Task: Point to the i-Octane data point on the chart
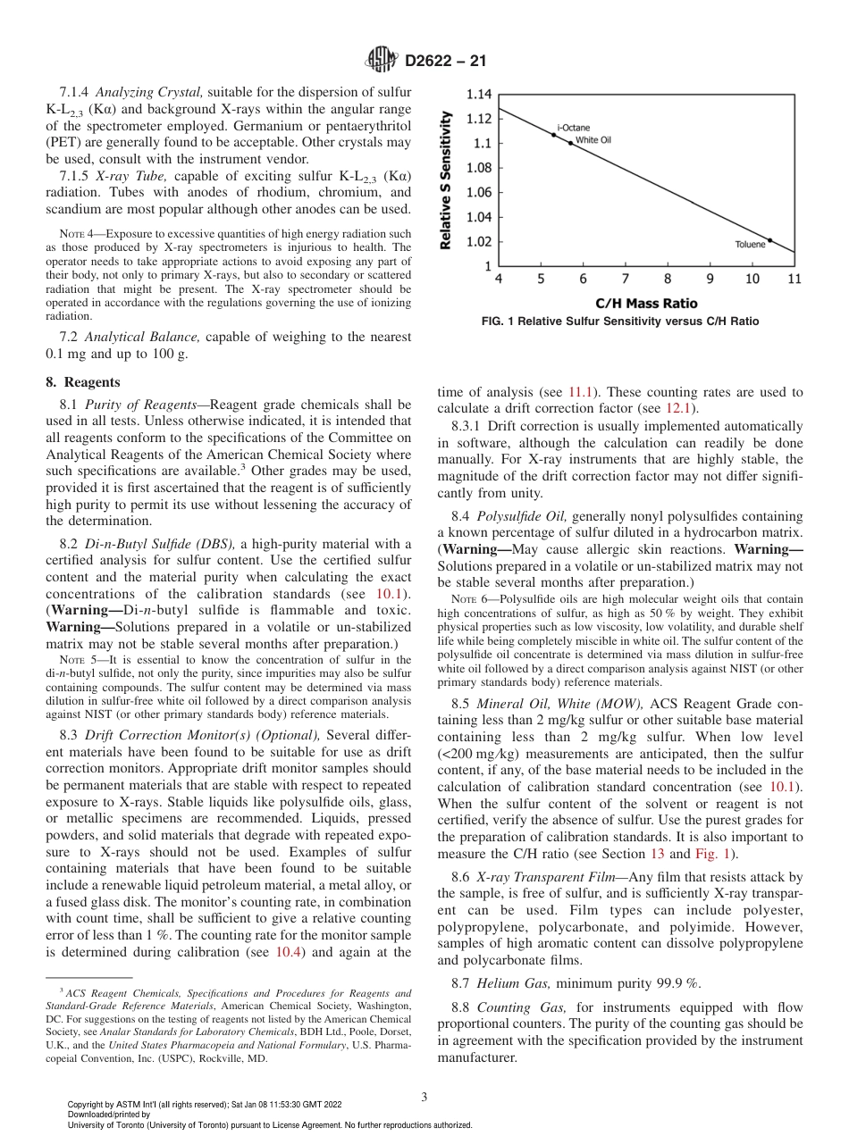tap(553, 136)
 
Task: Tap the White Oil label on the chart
tap(593, 140)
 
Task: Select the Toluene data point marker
tap(769, 239)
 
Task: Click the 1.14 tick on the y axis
tap(479, 94)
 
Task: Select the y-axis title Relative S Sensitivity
tap(445, 180)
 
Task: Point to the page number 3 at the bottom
tap(425, 1096)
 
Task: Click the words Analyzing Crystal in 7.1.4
tap(149, 93)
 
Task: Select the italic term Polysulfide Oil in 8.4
tap(522, 516)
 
